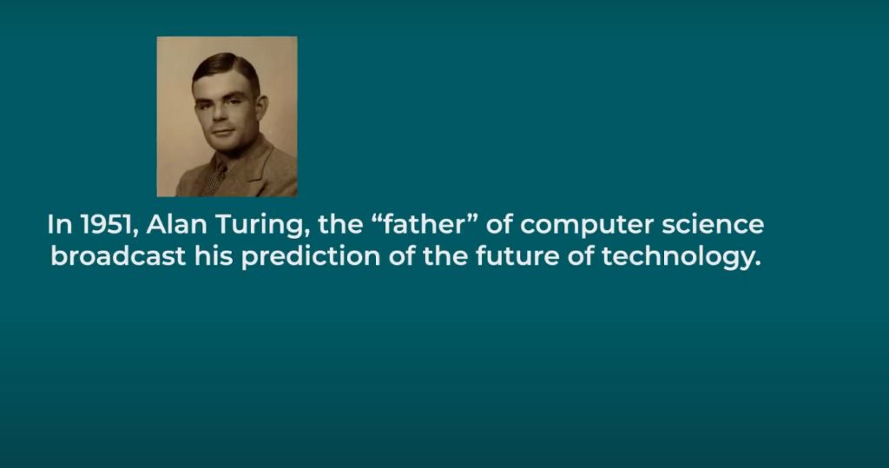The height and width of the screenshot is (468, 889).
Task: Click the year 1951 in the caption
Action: coord(104,226)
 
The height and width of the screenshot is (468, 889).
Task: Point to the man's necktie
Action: coord(214,176)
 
